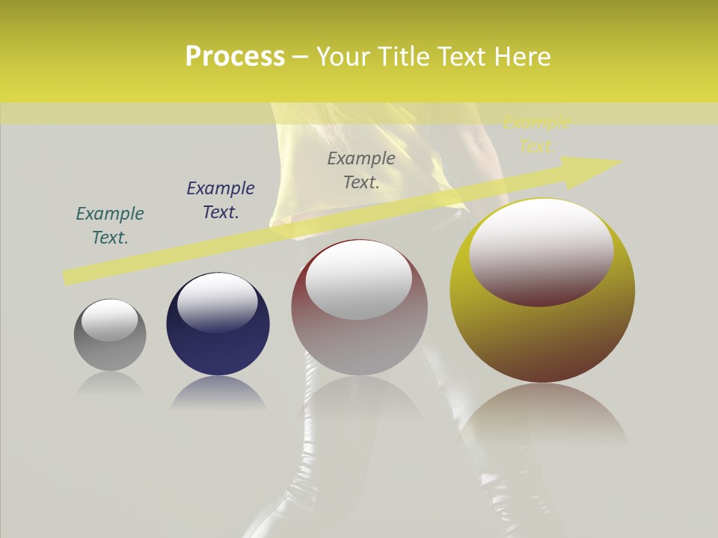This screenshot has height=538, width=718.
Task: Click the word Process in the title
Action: (x=235, y=57)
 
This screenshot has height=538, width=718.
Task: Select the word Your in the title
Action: (x=343, y=57)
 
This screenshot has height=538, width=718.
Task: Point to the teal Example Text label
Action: (x=110, y=226)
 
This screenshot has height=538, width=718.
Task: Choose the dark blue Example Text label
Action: (x=221, y=200)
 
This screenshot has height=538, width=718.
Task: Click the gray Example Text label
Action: (x=361, y=170)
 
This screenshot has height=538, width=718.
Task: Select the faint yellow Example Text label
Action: (x=536, y=134)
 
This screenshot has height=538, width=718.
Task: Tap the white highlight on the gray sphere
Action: (x=109, y=319)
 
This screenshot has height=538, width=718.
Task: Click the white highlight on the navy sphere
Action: (x=218, y=300)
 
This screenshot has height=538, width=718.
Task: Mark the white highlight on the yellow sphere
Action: (x=541, y=250)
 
